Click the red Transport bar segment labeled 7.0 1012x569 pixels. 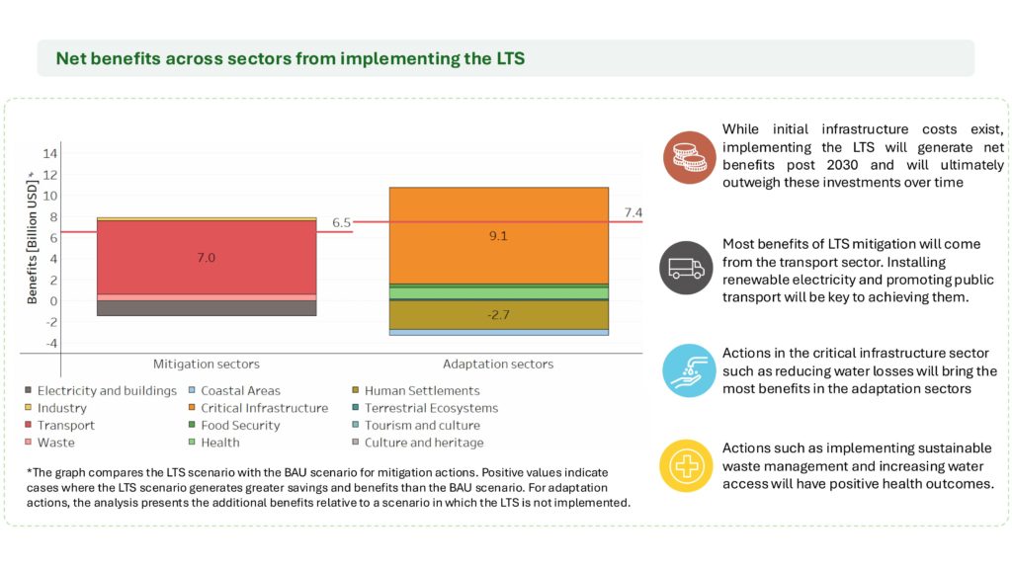click(207, 258)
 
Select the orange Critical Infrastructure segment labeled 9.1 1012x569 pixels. click(498, 236)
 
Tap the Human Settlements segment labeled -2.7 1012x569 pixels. click(498, 315)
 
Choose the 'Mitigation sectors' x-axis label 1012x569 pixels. click(207, 364)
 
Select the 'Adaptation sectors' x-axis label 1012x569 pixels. click(498, 364)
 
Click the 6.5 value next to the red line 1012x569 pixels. click(341, 223)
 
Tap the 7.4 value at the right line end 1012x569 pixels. click(633, 212)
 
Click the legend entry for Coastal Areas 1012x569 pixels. click(240, 390)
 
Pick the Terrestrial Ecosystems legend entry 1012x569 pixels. click(431, 408)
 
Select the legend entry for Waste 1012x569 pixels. click(55, 443)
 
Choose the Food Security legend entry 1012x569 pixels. click(240, 426)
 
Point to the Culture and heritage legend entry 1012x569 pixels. click(424, 443)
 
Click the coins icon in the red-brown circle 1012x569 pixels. click(688, 157)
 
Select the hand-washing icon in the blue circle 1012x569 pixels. click(688, 369)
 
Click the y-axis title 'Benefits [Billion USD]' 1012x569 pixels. click(32, 228)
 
